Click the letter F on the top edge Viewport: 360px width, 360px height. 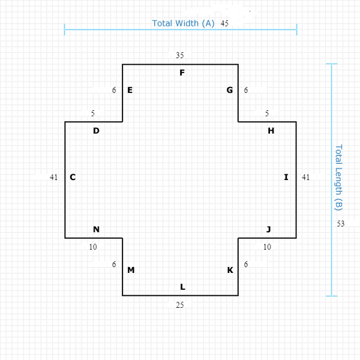point(182,73)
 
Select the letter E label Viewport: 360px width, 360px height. point(130,90)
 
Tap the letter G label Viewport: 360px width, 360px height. point(230,90)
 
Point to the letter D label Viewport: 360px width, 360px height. point(96,130)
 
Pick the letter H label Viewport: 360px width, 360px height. point(271,130)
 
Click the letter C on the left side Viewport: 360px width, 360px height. point(73,177)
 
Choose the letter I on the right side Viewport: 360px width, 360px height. point(286,177)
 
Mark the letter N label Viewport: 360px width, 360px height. point(96,229)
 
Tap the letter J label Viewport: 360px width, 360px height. point(269,229)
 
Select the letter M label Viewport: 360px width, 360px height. point(131,270)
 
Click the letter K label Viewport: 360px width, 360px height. point(230,270)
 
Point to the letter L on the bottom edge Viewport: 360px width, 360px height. point(182,287)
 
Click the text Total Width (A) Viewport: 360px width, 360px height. point(183,23)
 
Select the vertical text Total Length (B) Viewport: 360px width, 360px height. point(338,177)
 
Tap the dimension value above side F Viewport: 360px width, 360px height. point(180,55)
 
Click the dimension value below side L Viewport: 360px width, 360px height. point(179,305)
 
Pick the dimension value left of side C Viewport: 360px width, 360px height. point(53,177)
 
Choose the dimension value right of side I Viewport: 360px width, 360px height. point(306,177)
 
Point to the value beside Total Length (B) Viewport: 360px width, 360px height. point(341,224)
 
